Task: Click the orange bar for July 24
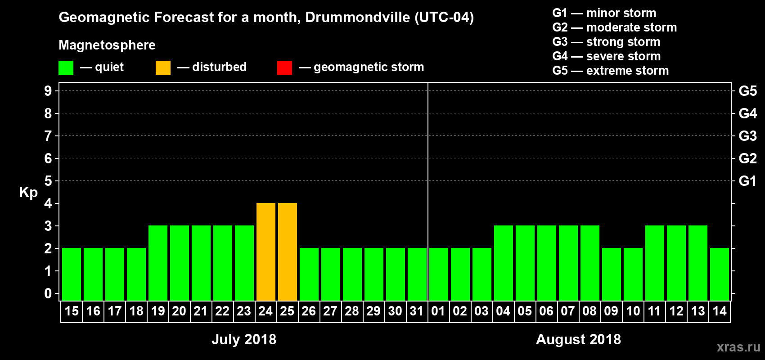[x=266, y=252]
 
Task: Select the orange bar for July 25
[x=288, y=252]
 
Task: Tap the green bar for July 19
[x=158, y=263]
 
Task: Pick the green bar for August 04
[x=504, y=263]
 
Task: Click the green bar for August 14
[x=720, y=274]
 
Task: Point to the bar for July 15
[x=72, y=274]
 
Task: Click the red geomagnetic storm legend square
[x=284, y=68]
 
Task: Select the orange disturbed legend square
[x=163, y=68]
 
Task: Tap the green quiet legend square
[x=66, y=68]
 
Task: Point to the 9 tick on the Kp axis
[x=48, y=91]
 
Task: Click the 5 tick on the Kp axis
[x=48, y=181]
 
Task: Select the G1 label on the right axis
[x=747, y=181]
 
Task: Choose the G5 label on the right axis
[x=747, y=91]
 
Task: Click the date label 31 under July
[x=417, y=311]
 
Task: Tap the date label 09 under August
[x=611, y=311]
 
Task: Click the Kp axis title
[x=28, y=193]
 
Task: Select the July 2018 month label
[x=244, y=339]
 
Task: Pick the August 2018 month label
[x=578, y=339]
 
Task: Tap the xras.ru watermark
[x=738, y=347]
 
